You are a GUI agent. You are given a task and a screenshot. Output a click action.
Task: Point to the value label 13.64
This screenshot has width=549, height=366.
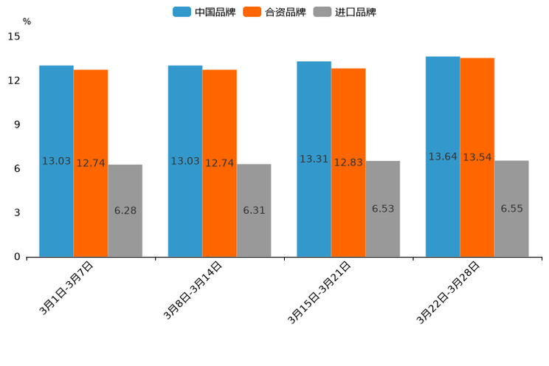coord(443,156)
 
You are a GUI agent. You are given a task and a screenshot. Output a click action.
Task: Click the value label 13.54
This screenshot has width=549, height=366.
coord(477,157)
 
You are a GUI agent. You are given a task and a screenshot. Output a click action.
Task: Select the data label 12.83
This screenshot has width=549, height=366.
coord(348,162)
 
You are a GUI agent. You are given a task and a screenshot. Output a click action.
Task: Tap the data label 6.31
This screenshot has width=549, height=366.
coord(254,210)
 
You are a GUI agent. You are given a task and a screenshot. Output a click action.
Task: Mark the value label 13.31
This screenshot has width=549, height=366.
coord(314,159)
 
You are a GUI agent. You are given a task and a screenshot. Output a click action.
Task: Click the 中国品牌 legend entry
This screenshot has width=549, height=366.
coord(204,12)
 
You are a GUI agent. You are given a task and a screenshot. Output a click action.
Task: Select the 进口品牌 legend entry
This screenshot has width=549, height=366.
coord(345,12)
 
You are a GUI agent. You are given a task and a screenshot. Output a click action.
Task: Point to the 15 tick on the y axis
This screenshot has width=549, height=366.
coord(15,36)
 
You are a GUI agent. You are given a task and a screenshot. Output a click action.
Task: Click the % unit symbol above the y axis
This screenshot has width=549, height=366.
coord(27,21)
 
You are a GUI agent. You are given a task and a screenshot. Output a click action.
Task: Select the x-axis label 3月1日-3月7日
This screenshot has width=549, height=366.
coord(66,289)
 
